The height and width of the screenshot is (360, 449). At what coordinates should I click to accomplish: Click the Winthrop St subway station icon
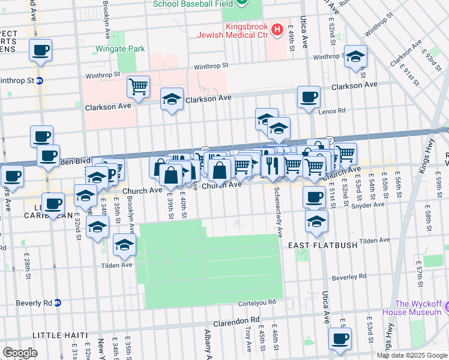coord(40,80)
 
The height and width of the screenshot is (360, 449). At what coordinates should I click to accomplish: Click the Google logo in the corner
coord(20,353)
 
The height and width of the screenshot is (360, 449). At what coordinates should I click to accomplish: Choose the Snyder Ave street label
coord(368,205)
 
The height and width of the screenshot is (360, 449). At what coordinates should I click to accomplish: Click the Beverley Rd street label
coord(349,277)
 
